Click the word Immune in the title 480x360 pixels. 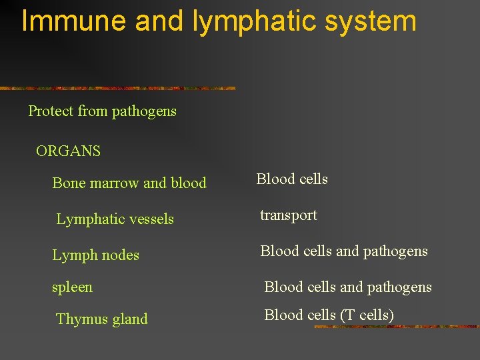[73, 21]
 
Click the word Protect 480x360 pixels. [51, 111]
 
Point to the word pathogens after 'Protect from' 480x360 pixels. [144, 112]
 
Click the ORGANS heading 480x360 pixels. [68, 151]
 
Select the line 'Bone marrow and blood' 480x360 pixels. [129, 183]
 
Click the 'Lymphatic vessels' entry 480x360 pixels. [115, 219]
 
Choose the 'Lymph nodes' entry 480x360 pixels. [95, 255]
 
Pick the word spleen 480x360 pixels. [73, 287]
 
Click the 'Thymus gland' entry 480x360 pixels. [102, 319]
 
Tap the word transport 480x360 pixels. [289, 215]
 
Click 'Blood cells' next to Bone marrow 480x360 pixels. [292, 179]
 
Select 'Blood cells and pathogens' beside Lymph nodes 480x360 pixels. [344, 251]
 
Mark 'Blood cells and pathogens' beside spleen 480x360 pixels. [348, 287]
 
